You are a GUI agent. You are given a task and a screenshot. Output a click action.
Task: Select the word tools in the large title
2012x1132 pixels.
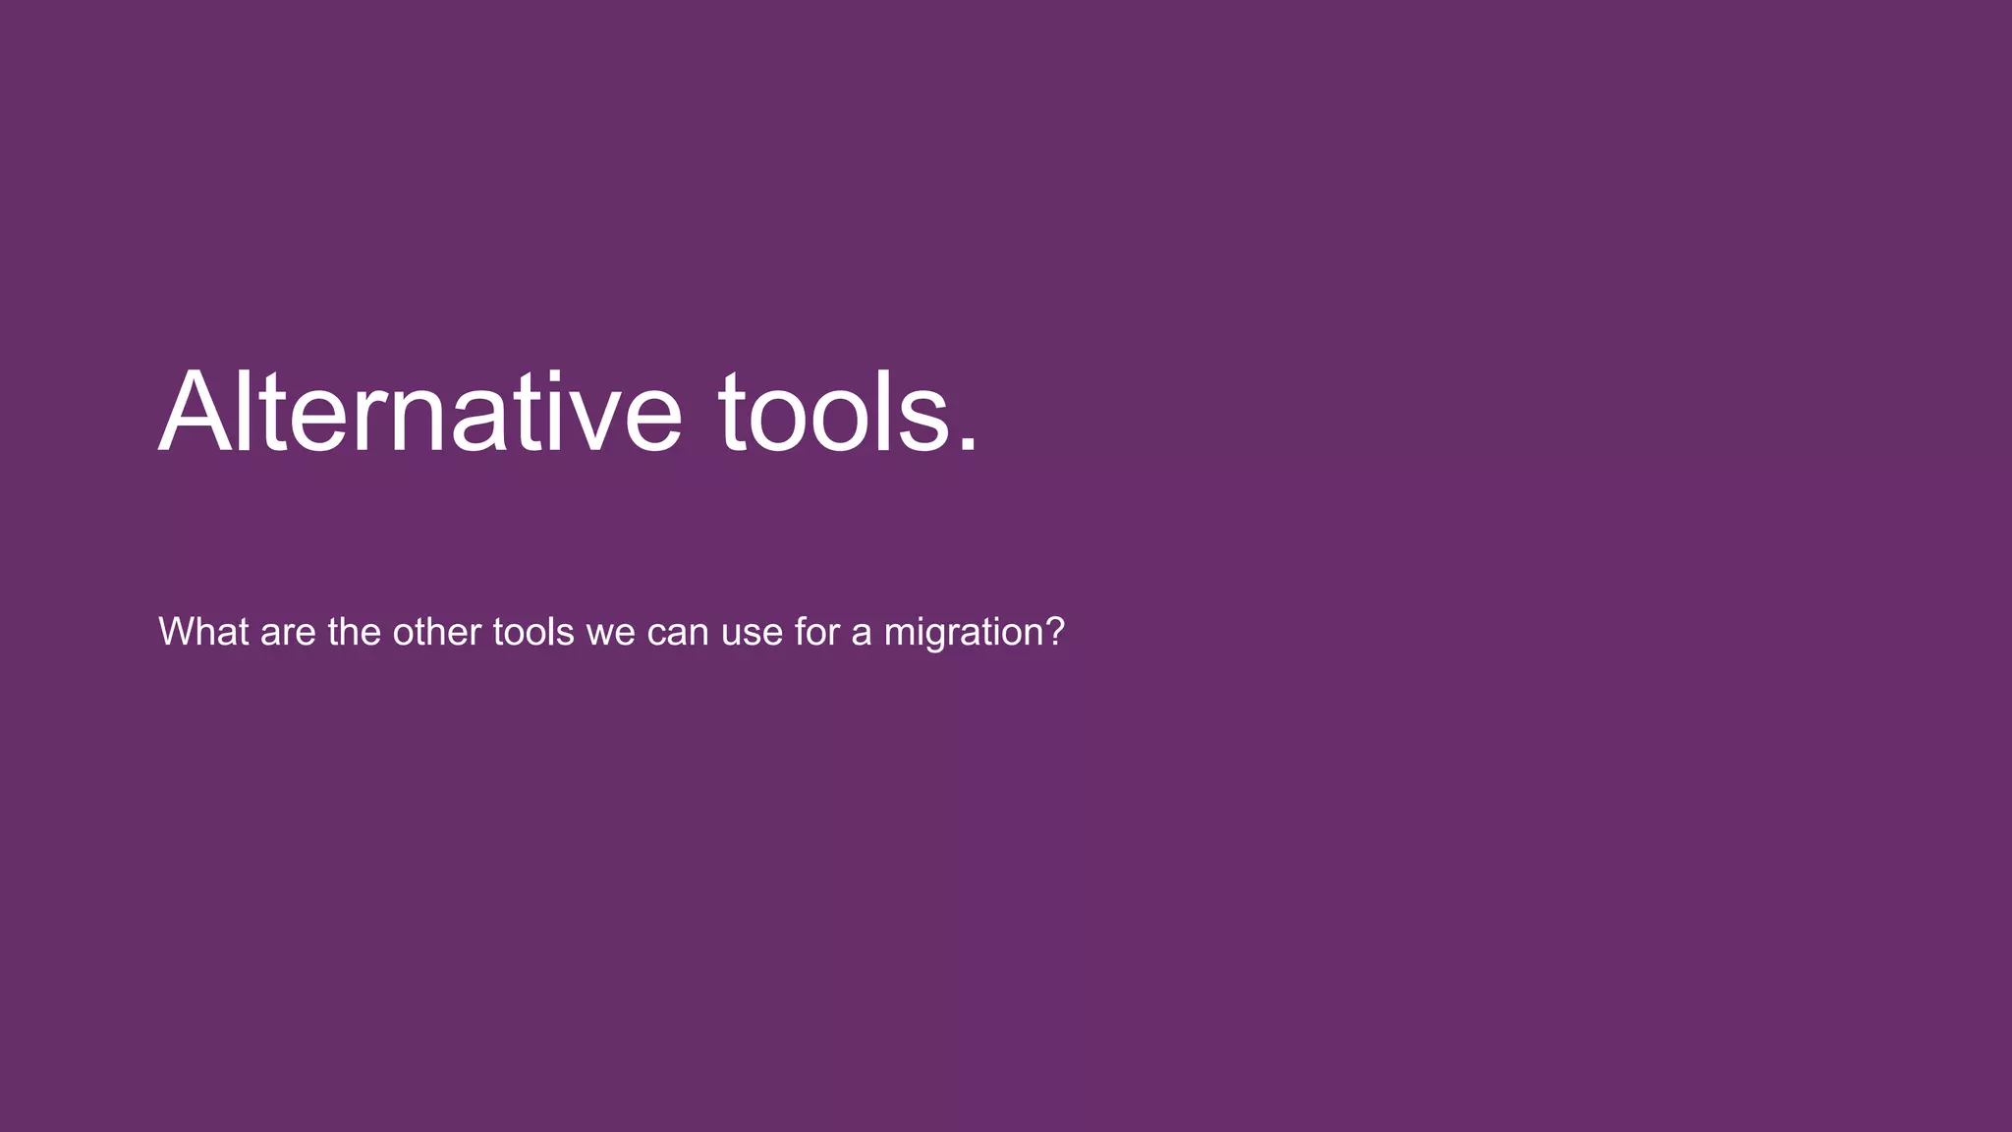[x=835, y=413]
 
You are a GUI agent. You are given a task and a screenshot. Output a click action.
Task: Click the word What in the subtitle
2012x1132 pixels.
[x=203, y=632]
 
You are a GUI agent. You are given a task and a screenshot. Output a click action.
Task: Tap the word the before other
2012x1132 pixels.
[x=354, y=632]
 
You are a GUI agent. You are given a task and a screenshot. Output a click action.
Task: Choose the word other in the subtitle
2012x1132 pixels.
[x=436, y=632]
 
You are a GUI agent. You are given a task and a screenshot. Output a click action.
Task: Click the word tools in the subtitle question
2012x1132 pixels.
[x=532, y=632]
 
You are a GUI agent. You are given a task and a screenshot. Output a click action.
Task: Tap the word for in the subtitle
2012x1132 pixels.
[x=816, y=632]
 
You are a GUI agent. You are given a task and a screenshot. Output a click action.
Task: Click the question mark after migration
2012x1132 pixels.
[x=1055, y=632]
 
